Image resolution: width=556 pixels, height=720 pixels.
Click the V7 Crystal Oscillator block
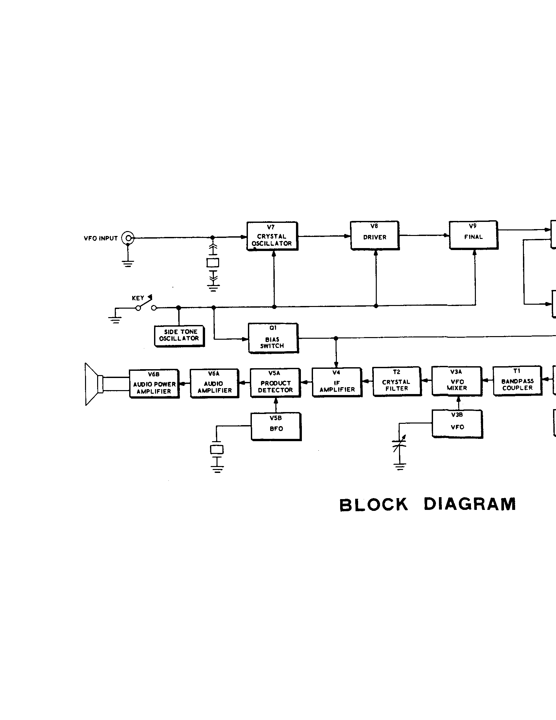272,236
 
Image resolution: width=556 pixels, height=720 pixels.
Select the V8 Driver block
374,235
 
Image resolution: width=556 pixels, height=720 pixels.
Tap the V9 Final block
473,235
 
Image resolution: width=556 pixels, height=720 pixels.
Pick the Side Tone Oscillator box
179,336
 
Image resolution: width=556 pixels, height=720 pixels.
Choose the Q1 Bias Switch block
273,338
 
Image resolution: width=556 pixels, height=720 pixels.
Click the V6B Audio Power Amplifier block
154,384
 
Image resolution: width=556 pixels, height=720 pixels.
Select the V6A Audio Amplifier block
214,384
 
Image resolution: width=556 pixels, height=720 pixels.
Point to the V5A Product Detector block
275,383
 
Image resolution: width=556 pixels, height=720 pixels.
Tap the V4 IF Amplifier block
337,382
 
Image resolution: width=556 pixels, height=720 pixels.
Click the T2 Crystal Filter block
397,381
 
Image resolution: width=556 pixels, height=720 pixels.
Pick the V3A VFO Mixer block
457,381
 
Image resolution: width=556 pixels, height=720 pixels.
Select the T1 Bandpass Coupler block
517,380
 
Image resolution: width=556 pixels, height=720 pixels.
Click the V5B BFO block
276,426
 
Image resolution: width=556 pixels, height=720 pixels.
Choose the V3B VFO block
457,424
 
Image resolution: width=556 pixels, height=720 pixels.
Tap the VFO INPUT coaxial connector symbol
128,238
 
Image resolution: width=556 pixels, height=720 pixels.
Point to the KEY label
138,298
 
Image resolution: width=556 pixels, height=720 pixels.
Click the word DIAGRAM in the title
469,504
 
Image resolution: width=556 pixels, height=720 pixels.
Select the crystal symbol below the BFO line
217,449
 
